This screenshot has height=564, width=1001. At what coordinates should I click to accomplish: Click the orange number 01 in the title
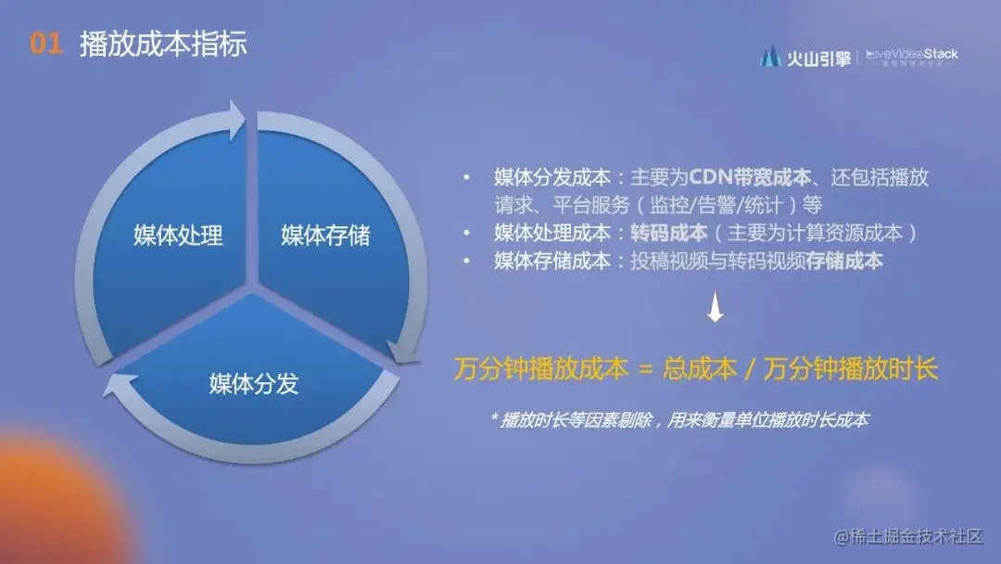(x=45, y=45)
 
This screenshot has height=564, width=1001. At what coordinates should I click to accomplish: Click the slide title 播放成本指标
(x=163, y=45)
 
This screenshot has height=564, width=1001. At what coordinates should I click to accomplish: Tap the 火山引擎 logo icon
(x=769, y=57)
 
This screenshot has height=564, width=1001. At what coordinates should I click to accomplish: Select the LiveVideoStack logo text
(x=912, y=55)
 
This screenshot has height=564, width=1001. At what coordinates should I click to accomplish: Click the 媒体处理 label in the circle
(x=178, y=235)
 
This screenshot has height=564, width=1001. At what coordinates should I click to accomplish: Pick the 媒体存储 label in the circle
(x=325, y=235)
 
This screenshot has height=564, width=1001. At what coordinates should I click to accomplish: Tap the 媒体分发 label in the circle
(x=253, y=383)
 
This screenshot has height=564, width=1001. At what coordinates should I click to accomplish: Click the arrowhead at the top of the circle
(x=234, y=117)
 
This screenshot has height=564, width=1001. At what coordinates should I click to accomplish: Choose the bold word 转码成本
(x=662, y=233)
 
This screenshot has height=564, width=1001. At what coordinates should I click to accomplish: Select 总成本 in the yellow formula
(x=700, y=369)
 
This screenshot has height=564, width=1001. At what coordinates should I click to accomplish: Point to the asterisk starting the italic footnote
(x=493, y=418)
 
